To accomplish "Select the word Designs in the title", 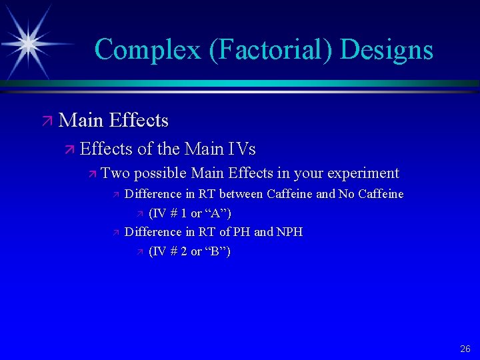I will [391, 50].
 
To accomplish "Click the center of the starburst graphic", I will [28, 43].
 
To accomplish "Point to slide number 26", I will [465, 349].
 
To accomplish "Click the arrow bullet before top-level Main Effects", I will [46, 121].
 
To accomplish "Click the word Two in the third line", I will [115, 173].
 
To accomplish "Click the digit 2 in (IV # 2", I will [184, 251].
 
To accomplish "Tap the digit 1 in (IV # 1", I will [184, 213].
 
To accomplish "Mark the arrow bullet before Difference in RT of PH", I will [115, 233].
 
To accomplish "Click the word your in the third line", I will [309, 173].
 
